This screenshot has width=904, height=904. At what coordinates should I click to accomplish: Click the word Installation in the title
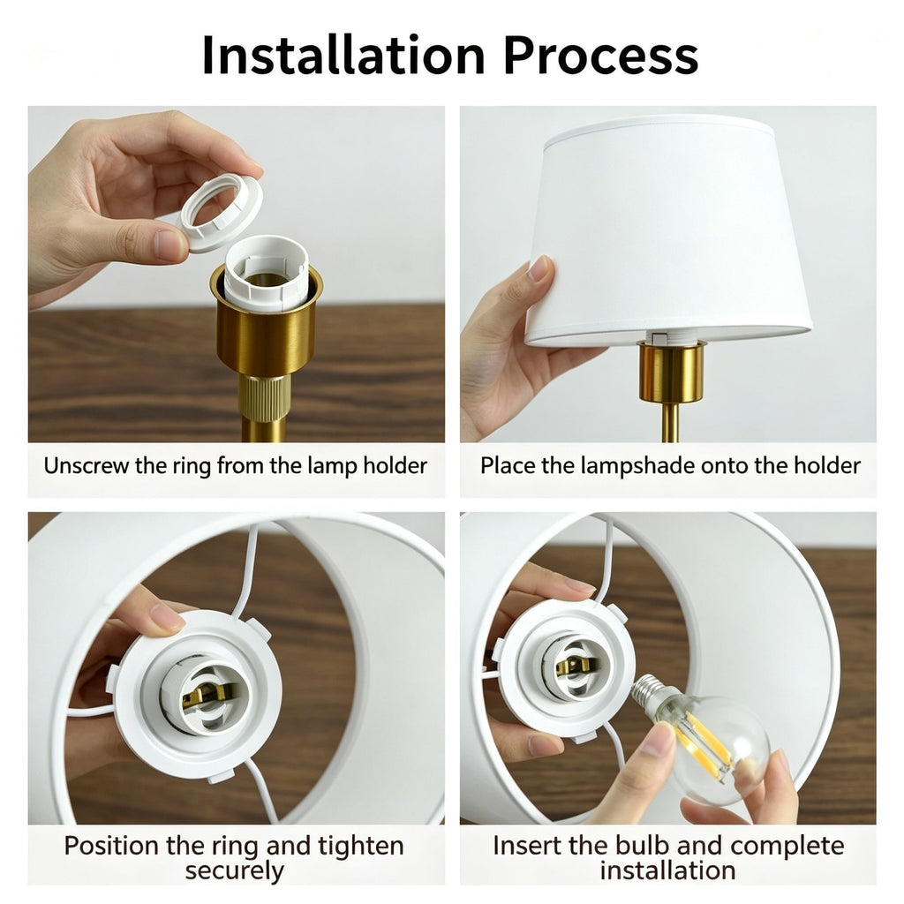pos(343,56)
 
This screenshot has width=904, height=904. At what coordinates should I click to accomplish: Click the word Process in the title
pos(600,56)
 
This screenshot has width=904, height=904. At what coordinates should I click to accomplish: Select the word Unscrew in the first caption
pos(87,465)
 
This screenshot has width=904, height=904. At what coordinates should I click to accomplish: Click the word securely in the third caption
pos(235,870)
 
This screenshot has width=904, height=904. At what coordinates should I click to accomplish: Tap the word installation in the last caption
pos(667,870)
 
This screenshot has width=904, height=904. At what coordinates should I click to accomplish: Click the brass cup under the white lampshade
pos(672,372)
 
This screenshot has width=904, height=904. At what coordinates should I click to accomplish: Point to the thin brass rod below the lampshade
pos(670,423)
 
